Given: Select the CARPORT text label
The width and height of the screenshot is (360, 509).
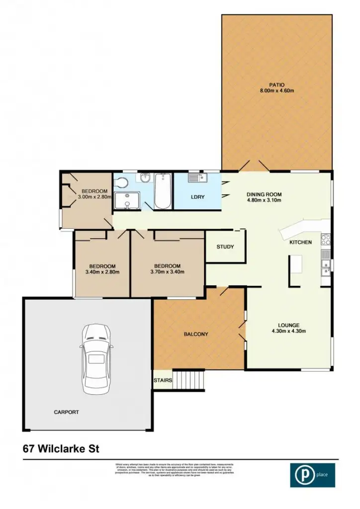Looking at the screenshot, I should (67, 412).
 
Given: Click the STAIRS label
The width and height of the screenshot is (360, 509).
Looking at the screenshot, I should (163, 381).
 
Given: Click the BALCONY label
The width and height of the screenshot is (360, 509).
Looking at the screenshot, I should (196, 334).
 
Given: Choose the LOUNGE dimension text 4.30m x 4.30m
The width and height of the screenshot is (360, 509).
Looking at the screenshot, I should (288, 331).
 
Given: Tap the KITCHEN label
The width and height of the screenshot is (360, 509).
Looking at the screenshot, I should (301, 243).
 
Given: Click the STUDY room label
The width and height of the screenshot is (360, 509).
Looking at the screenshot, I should (225, 247).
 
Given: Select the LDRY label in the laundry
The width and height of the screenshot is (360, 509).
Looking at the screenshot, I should (198, 197).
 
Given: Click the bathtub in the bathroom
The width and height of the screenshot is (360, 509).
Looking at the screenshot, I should (163, 191).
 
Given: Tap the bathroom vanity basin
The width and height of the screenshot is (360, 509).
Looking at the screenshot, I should (146, 178).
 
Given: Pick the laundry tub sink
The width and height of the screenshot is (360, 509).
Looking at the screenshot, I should (194, 177).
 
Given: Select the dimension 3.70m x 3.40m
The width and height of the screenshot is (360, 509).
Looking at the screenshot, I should (167, 272).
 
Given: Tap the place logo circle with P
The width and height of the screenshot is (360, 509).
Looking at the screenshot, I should (302, 475).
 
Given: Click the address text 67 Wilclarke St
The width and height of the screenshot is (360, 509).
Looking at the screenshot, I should (61, 448).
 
